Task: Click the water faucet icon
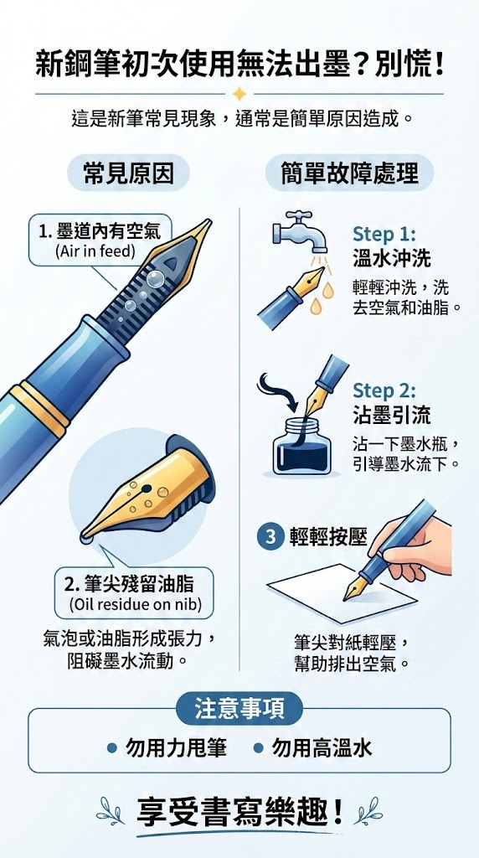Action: pos(298,229)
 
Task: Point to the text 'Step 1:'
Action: pos(384,234)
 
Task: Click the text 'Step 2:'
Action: pos(384,390)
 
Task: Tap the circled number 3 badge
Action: pos(270,537)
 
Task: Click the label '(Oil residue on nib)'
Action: pos(135,604)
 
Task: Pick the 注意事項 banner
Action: pos(239,709)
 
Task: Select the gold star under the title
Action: pos(239,93)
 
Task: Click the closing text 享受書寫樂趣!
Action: pos(239,811)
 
